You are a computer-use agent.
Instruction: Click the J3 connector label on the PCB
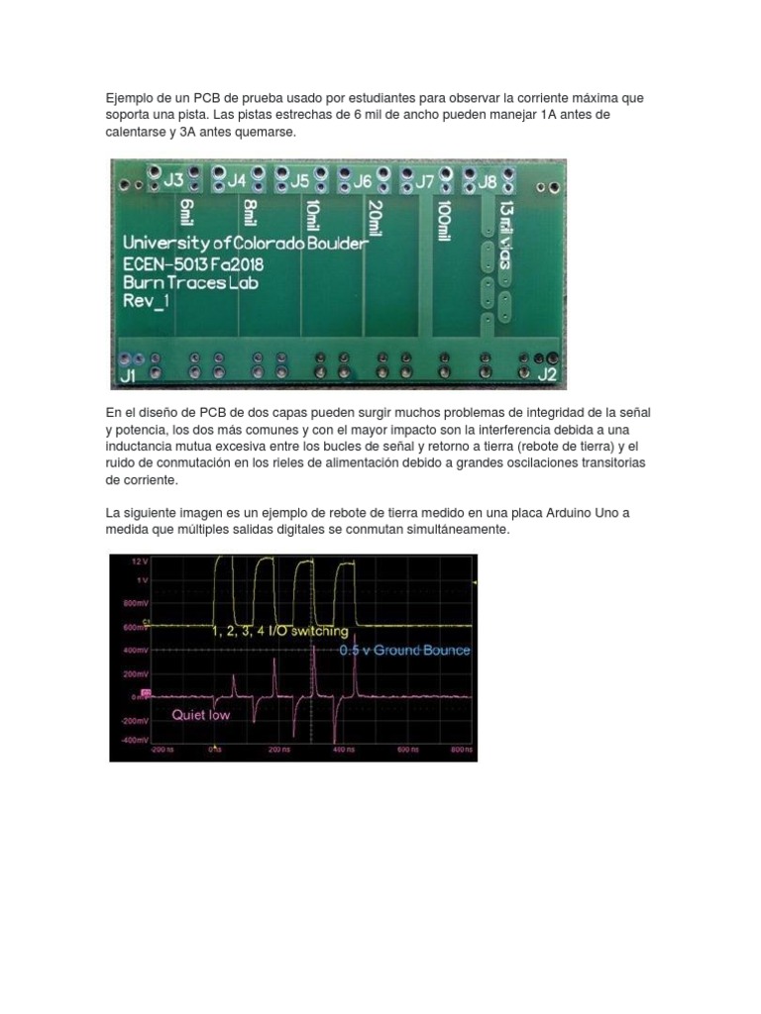coord(173,179)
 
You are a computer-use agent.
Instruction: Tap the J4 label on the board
coord(237,180)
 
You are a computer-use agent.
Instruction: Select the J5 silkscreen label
coord(299,180)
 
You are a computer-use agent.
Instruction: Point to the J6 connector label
coord(363,180)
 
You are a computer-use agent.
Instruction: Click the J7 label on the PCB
coord(424,181)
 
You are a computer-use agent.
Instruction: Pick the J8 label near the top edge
coord(488,181)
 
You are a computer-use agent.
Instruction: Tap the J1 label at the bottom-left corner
coord(128,376)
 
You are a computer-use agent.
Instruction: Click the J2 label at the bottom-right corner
coord(547,374)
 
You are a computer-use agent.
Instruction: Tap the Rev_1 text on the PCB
coord(146,301)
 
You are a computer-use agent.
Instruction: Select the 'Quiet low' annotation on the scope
coord(200,714)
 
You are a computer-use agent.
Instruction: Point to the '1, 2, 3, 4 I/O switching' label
coord(280,631)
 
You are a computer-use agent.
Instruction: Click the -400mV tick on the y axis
coord(135,738)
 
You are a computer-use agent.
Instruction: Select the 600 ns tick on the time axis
coord(407,750)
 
